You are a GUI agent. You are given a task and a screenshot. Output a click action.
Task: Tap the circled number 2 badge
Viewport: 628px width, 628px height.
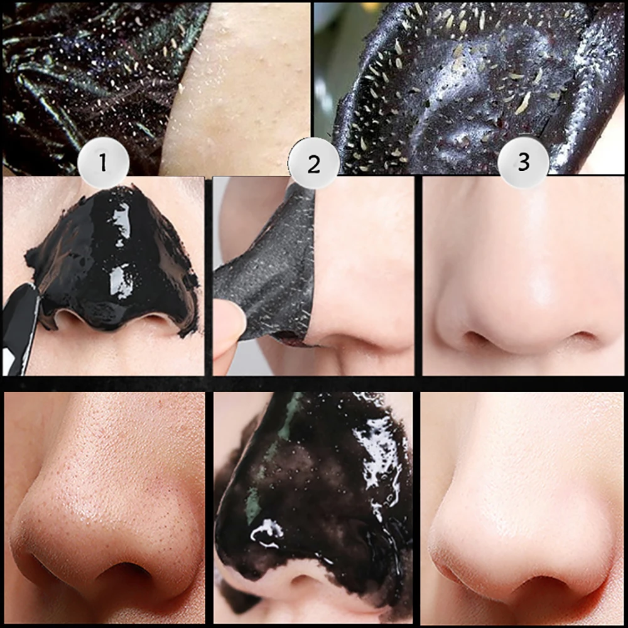[x=313, y=164]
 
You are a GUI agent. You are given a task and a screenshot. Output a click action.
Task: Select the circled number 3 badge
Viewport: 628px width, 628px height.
[x=523, y=163]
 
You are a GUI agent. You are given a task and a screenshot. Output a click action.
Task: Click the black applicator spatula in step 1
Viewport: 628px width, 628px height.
[x=19, y=327]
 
